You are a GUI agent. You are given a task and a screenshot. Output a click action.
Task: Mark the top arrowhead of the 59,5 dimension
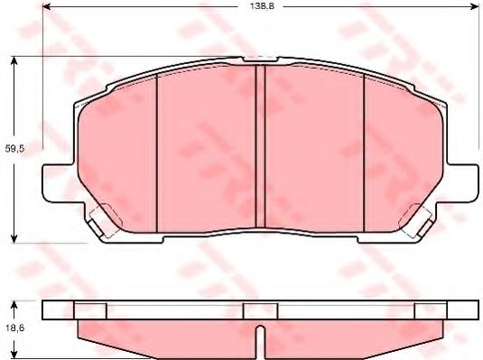[x=14, y=60]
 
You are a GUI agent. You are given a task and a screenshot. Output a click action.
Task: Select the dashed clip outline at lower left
[x=101, y=217]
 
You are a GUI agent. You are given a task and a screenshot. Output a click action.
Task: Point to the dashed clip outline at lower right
[x=418, y=217]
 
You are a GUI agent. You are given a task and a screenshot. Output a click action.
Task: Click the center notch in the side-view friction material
[x=259, y=341]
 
